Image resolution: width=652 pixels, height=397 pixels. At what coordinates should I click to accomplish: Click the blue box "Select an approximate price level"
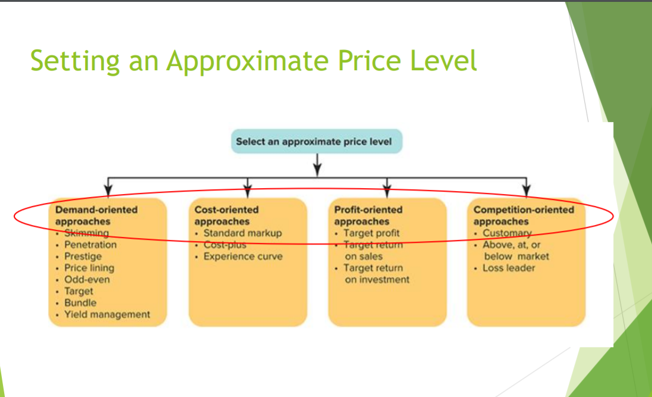(317, 142)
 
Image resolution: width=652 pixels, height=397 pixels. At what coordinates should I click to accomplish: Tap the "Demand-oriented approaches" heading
(96, 215)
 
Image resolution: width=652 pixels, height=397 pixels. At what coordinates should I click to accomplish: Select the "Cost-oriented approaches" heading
(226, 215)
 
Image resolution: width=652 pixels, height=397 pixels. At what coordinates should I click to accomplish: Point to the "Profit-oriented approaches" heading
(368, 215)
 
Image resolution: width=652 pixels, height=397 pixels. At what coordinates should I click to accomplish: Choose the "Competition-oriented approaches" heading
(524, 215)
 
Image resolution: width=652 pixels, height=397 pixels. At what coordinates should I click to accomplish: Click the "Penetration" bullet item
(90, 245)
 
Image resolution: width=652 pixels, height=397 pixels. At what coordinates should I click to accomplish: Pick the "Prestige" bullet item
(83, 257)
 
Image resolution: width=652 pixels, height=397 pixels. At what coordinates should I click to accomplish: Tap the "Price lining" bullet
(89, 268)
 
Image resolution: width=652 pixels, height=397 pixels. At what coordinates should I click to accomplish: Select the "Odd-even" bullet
(87, 279)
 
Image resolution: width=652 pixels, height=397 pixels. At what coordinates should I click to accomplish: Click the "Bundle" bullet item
(80, 302)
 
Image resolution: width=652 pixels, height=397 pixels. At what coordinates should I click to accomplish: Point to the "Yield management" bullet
(107, 314)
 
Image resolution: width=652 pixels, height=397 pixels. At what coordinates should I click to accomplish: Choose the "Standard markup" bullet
(242, 233)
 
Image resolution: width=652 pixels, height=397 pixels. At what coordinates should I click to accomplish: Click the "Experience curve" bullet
(242, 257)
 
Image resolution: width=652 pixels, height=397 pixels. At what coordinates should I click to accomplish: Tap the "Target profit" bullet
(371, 233)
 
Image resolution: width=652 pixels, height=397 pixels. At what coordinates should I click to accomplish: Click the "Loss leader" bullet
(509, 268)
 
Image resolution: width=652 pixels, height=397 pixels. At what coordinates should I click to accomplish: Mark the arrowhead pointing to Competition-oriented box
(526, 190)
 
